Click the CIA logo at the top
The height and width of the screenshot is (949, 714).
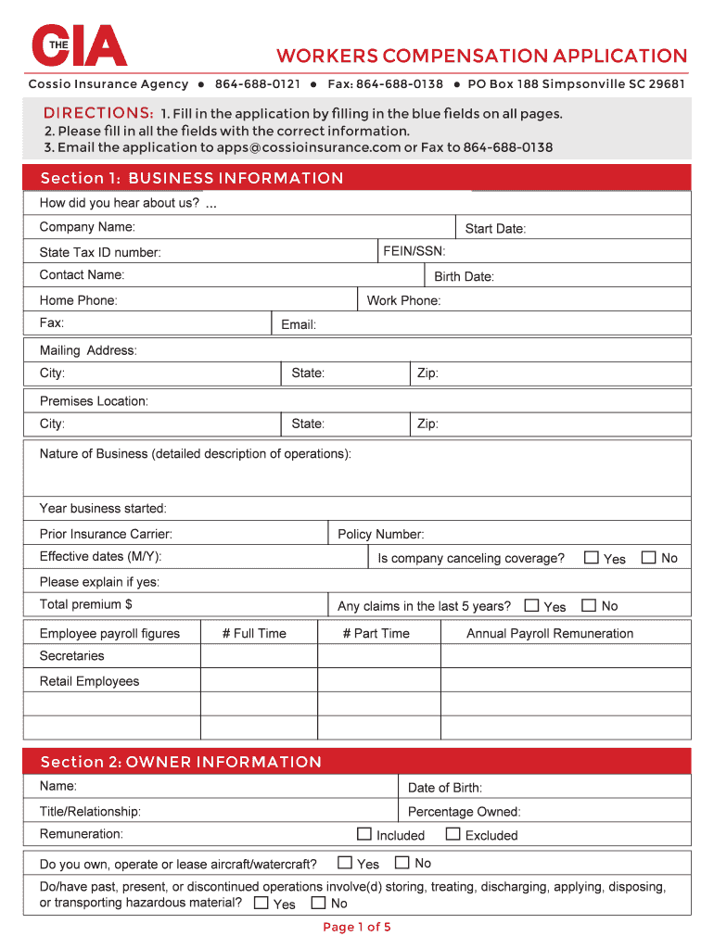pos(79,45)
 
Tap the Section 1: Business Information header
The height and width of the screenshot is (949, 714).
pos(192,178)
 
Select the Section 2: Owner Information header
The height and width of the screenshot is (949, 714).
pos(181,762)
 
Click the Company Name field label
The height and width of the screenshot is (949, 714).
pos(87,227)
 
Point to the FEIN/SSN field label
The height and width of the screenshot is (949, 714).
pos(414,251)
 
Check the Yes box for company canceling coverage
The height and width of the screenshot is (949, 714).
pos(592,558)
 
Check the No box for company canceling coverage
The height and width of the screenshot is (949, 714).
pos(649,558)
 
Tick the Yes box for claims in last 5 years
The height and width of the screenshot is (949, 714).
pos(531,606)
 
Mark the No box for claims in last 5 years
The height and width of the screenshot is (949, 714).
pos(589,606)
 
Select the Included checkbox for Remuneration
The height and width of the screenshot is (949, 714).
pos(364,834)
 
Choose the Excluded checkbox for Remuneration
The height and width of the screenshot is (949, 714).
pos(453,834)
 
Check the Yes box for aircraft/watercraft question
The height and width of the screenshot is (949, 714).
pos(345,863)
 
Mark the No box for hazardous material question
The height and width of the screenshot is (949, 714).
pos(318,903)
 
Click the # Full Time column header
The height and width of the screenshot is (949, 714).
pos(254,634)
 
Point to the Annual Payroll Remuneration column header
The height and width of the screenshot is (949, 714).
pos(550,634)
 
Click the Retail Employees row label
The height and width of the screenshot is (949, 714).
pos(89,681)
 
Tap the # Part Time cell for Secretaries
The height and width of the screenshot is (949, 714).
pos(377,656)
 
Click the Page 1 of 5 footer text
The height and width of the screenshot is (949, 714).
pos(357,927)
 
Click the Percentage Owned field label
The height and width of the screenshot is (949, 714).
pos(464,812)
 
